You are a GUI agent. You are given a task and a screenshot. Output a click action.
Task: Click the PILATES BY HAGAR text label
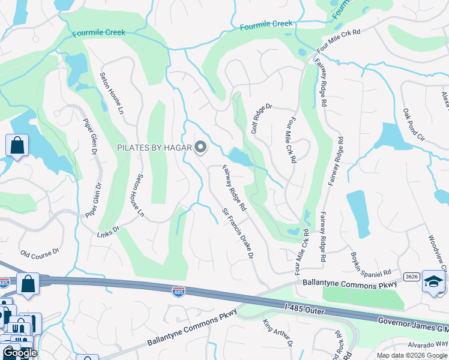pos(154,147)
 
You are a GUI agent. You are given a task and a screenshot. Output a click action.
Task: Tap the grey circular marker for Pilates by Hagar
pos(200,147)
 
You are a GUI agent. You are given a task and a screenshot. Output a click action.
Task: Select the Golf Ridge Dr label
pos(262,118)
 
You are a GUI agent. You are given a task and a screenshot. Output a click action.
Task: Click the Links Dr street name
pos(109,229)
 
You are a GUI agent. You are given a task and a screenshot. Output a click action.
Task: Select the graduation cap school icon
pos(433,281)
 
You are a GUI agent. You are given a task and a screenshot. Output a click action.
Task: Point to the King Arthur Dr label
pos(277,334)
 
